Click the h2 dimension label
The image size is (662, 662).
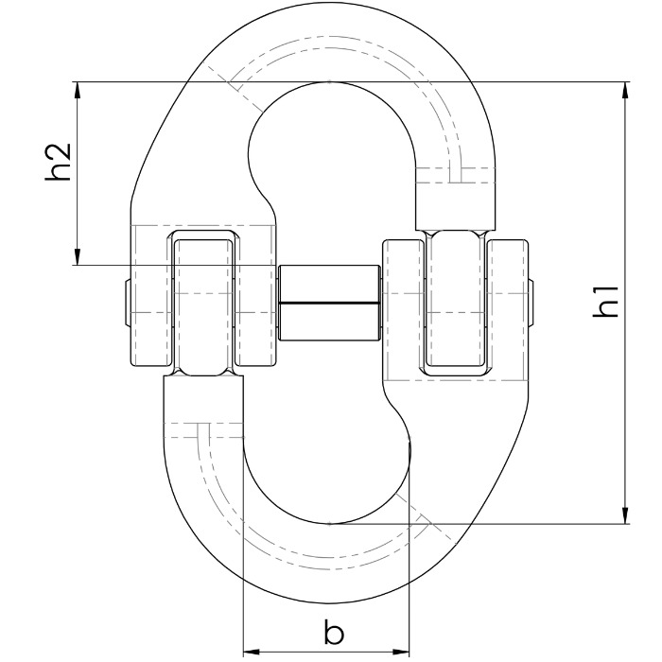pos(60,162)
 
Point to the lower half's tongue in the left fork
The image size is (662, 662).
pos(203,303)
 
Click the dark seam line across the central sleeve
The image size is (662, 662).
pos(329,304)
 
